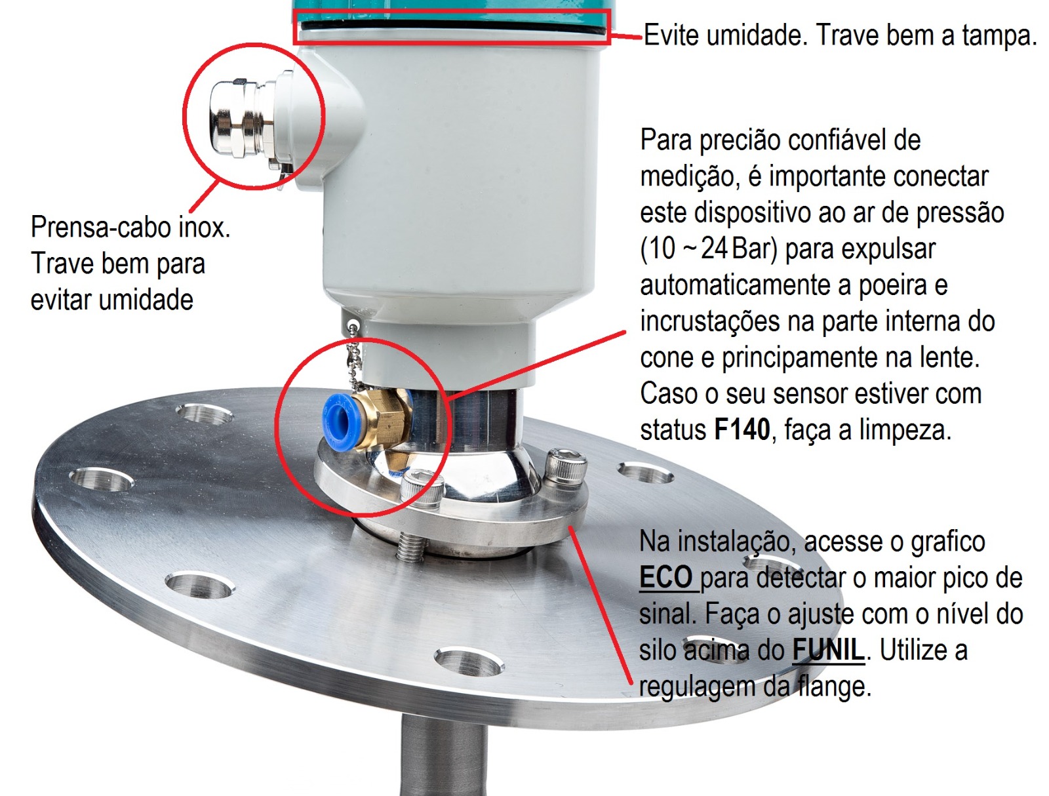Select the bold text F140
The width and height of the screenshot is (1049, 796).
742,430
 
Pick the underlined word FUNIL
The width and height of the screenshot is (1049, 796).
828,650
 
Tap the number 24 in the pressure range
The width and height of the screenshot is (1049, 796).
714,249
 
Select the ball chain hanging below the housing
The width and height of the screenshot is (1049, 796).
355,357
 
